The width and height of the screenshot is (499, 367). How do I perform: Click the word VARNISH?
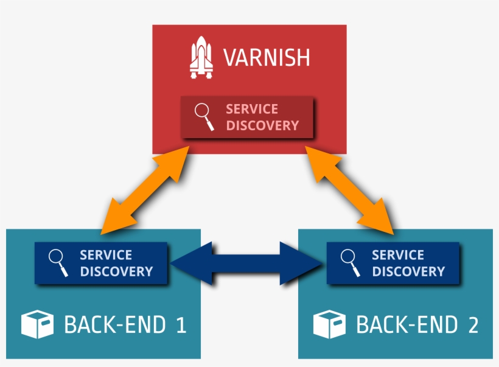[267, 58]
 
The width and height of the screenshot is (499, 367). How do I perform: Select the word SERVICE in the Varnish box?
[252, 109]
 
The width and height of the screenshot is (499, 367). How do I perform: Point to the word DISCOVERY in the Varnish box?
[262, 125]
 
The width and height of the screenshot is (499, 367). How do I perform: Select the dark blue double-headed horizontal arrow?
[246, 263]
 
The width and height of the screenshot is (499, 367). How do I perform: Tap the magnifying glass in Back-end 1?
[58, 263]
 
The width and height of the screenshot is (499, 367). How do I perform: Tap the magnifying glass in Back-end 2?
[351, 263]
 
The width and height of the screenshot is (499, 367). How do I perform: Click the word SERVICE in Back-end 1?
[106, 255]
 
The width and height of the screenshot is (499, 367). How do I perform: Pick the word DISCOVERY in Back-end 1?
[116, 271]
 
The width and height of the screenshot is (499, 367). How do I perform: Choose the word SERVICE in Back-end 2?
[398, 255]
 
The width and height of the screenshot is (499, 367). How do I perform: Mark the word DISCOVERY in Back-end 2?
[408, 271]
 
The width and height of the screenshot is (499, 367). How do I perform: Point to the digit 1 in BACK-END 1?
[180, 325]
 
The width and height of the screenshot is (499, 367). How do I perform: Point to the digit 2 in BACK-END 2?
[473, 325]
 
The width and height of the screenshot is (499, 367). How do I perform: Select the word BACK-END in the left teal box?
[114, 325]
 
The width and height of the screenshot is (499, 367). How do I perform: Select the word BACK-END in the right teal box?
[407, 325]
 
